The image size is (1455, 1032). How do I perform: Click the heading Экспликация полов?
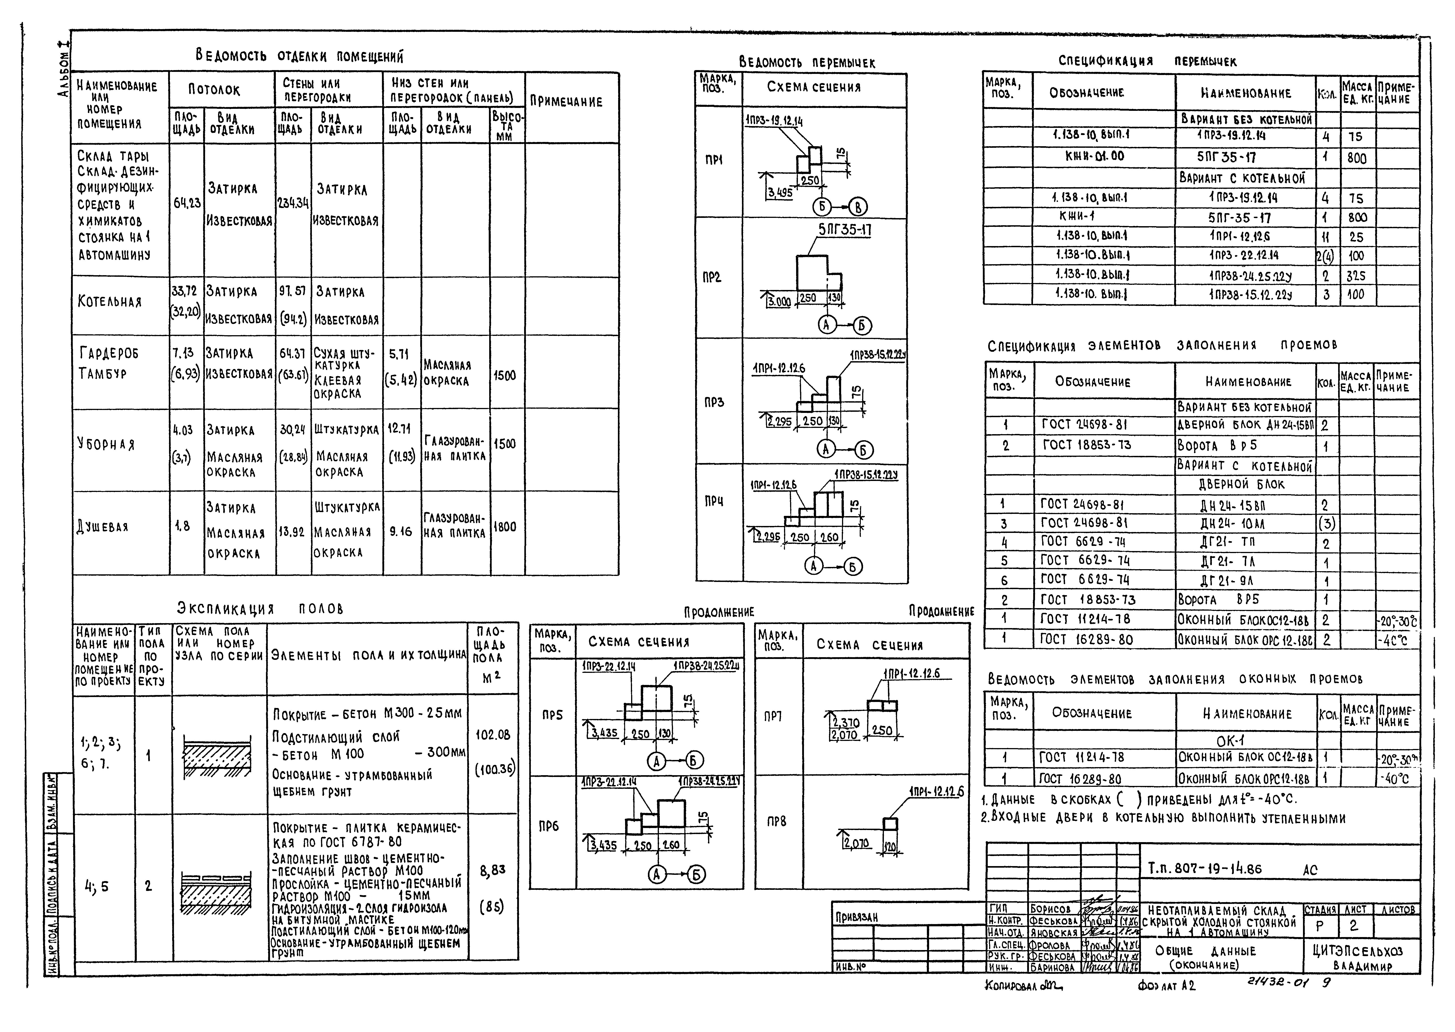click(x=260, y=609)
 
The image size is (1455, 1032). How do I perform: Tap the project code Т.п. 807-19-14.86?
click(x=1205, y=869)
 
